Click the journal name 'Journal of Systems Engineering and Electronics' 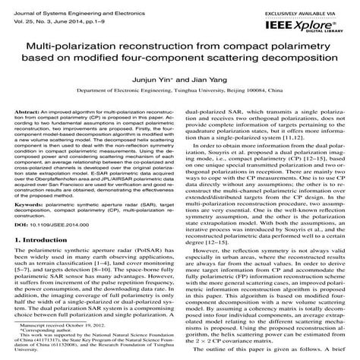[61, 8]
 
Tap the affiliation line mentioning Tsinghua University [179, 109]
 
